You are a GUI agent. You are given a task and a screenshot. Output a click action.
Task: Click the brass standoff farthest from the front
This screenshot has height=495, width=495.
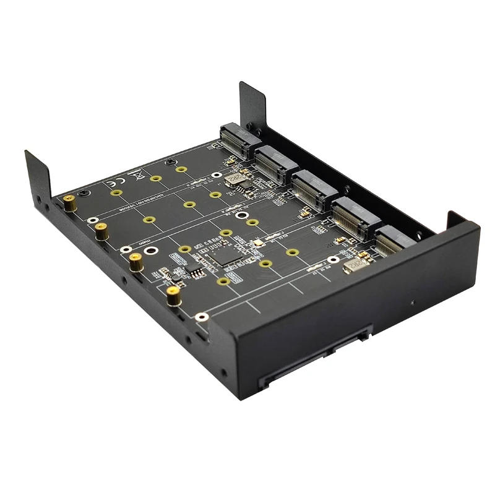click(x=71, y=202)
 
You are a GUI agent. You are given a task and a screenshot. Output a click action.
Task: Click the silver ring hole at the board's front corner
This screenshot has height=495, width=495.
click(x=199, y=317)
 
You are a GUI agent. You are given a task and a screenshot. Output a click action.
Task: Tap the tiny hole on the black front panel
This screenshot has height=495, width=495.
click(x=413, y=303)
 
